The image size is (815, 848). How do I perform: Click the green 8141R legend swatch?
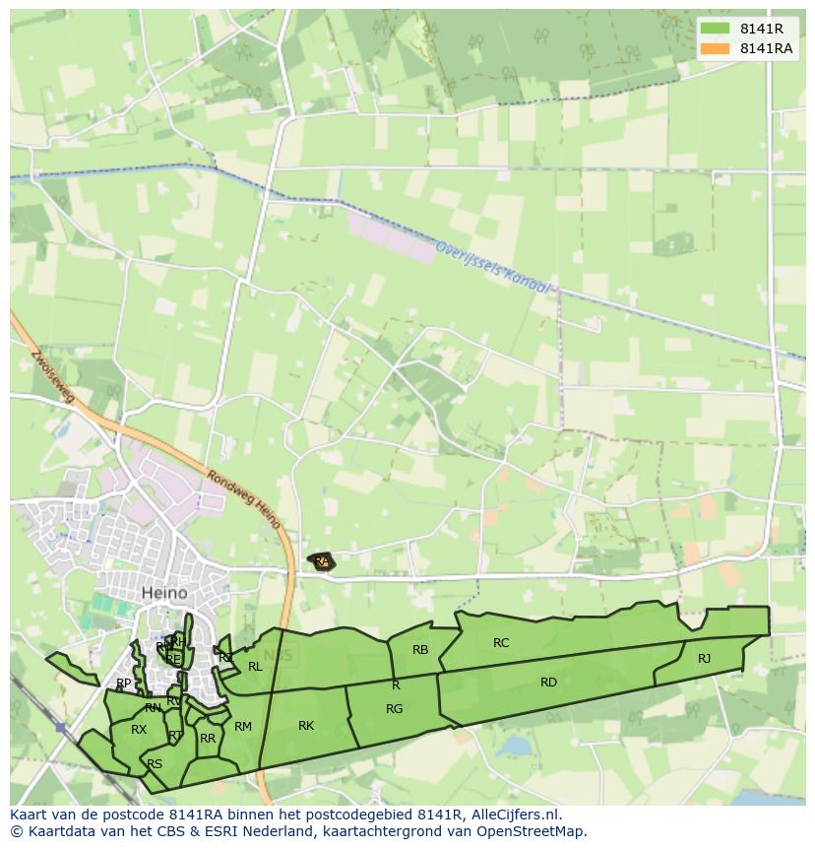click(715, 29)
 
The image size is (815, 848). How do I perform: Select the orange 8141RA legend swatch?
click(715, 48)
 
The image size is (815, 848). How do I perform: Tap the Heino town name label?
click(164, 593)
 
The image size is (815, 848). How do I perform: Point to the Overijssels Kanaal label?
click(492, 267)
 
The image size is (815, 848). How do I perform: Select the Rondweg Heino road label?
click(245, 499)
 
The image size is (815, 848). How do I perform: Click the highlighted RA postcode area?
click(321, 561)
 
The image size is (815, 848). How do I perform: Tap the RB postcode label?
click(420, 650)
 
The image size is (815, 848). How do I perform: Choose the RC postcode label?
click(501, 643)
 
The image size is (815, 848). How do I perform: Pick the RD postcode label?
click(548, 683)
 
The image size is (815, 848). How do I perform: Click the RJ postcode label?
click(704, 659)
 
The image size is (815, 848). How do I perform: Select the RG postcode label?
click(394, 709)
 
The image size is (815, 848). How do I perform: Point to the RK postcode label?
click(306, 726)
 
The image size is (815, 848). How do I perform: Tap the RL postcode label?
click(255, 667)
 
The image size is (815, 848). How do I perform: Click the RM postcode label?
click(243, 727)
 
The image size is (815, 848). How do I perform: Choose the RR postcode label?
click(208, 739)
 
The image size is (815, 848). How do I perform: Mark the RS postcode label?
click(155, 764)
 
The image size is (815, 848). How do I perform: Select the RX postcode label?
click(139, 730)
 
